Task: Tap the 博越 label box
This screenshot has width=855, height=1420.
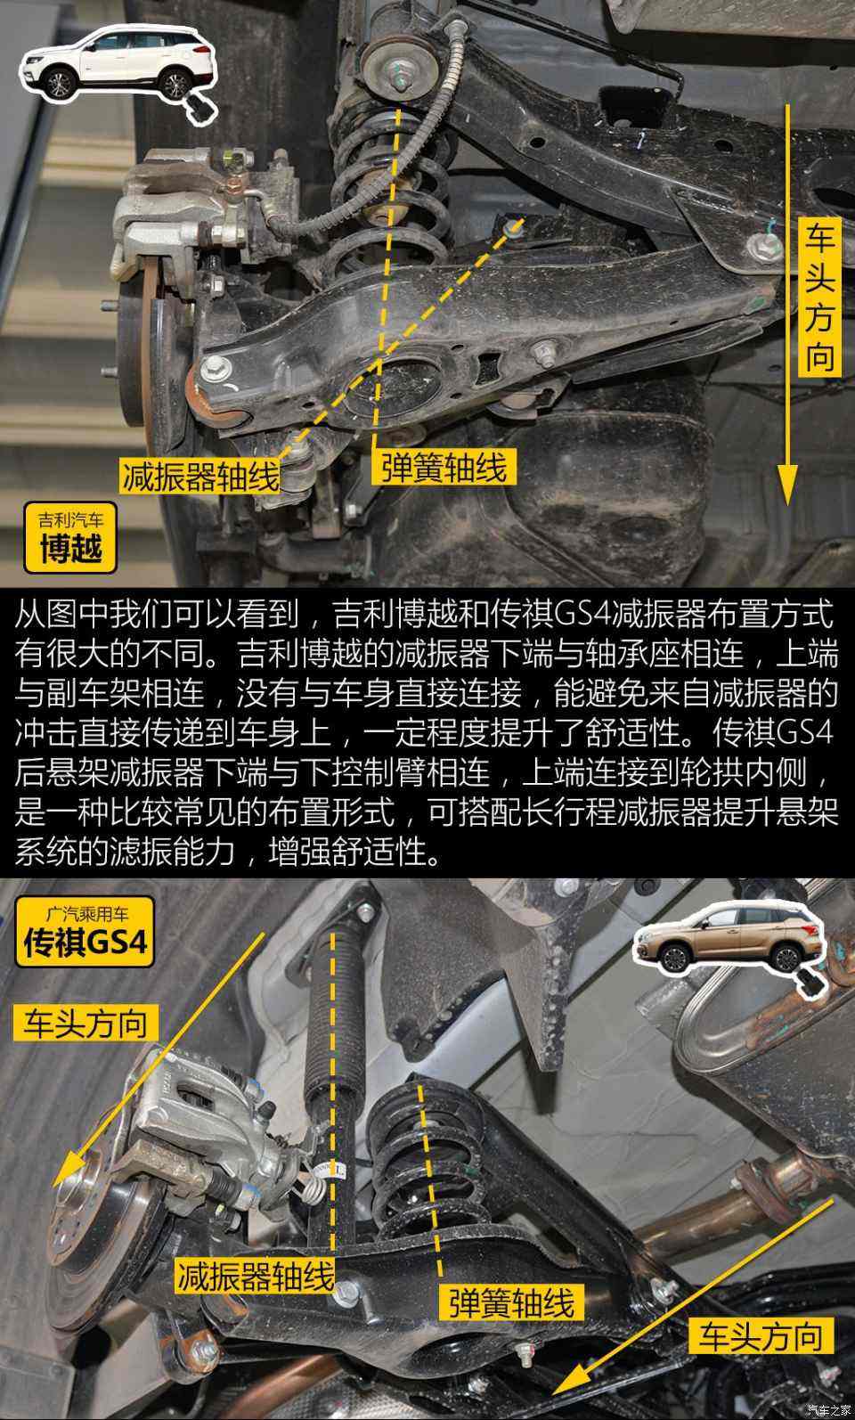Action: pyautogui.click(x=70, y=536)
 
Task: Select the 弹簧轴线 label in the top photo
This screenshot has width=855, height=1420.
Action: pyautogui.click(x=444, y=467)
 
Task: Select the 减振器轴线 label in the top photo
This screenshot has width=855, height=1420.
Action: pyautogui.click(x=200, y=477)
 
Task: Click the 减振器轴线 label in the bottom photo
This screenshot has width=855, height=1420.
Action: pyautogui.click(x=255, y=1277)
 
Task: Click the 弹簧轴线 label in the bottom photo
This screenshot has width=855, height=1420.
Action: pyautogui.click(x=511, y=1303)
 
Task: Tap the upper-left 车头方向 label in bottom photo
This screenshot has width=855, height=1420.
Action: pyautogui.click(x=85, y=1023)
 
